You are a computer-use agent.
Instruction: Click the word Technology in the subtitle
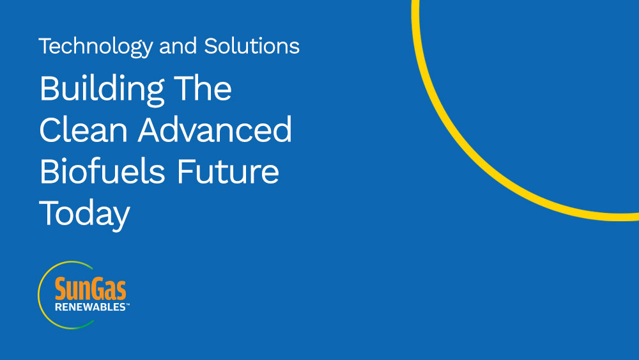96,47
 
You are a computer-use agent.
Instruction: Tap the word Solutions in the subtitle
252,45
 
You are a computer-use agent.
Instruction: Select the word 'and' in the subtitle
178,46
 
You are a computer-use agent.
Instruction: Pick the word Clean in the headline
84,130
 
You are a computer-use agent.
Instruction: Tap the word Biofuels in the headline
102,171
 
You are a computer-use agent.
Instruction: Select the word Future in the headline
228,171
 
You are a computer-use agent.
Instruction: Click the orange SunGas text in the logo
91,288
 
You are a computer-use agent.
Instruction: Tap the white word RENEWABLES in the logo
90,307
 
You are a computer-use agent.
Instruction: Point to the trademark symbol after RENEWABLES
128,304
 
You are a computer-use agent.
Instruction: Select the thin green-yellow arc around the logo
38,295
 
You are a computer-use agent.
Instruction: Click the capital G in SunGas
98,288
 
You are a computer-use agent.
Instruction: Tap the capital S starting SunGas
61,288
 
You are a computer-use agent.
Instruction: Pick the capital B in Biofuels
50,171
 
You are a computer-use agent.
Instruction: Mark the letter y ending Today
121,218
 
